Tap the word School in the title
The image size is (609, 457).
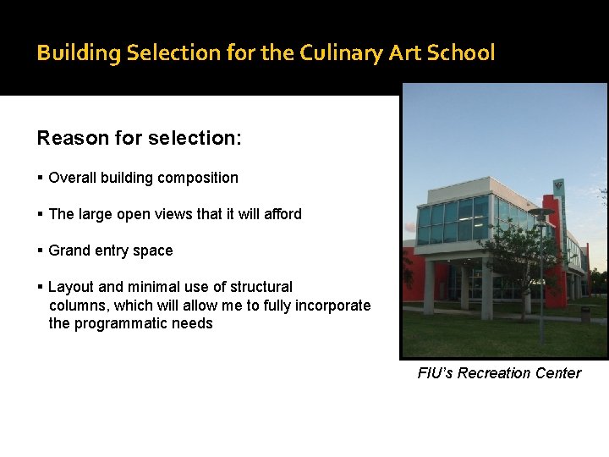coord(461,52)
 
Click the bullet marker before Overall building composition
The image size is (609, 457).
coord(41,178)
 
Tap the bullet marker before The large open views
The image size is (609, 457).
coord(41,214)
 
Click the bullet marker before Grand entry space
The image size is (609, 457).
coord(41,251)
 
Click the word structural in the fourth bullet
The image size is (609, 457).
coord(261,287)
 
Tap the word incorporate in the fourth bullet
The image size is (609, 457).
coord(332,306)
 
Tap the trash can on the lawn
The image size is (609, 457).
coord(584,314)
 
